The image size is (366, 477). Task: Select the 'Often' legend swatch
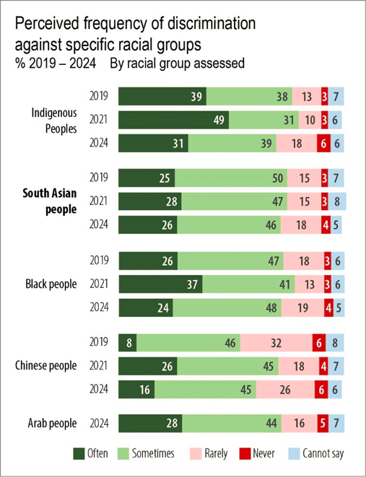[x=81, y=453]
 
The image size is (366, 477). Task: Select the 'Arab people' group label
[x=53, y=424]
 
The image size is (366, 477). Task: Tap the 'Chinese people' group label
[x=45, y=366]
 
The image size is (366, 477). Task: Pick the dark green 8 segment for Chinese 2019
[x=127, y=342]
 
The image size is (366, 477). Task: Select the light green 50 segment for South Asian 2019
[x=230, y=178]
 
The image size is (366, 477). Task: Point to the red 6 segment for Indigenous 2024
[x=323, y=144]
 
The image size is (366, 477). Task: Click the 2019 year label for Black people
[x=99, y=260]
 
